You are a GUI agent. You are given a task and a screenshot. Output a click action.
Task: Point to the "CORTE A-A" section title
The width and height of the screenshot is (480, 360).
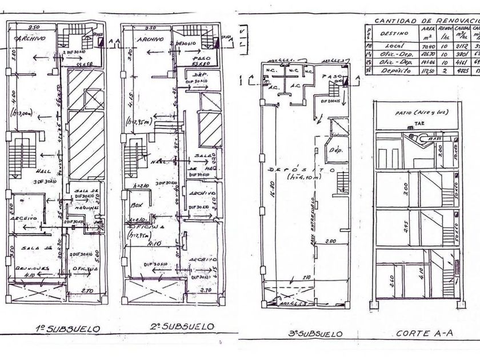(415, 333)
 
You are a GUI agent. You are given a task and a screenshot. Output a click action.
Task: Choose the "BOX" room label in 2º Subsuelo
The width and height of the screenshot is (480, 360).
(135, 203)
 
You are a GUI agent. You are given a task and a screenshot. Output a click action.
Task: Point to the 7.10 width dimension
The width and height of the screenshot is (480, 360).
(307, 278)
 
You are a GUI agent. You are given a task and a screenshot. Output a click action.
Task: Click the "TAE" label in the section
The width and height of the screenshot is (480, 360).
(420, 122)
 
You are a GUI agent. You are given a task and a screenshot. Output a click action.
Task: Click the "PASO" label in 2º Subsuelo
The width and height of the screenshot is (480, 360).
(199, 58)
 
